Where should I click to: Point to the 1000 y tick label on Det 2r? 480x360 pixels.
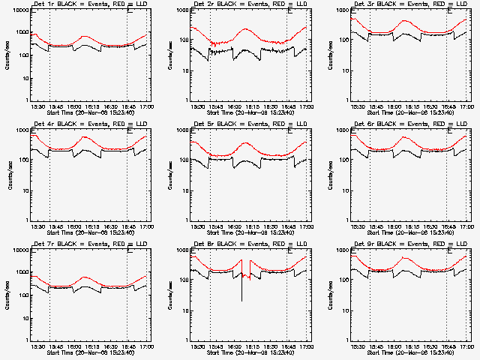point(179,12)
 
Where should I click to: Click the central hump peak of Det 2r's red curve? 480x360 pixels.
point(248,30)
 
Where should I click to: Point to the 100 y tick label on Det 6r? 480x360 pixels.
point(341,160)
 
